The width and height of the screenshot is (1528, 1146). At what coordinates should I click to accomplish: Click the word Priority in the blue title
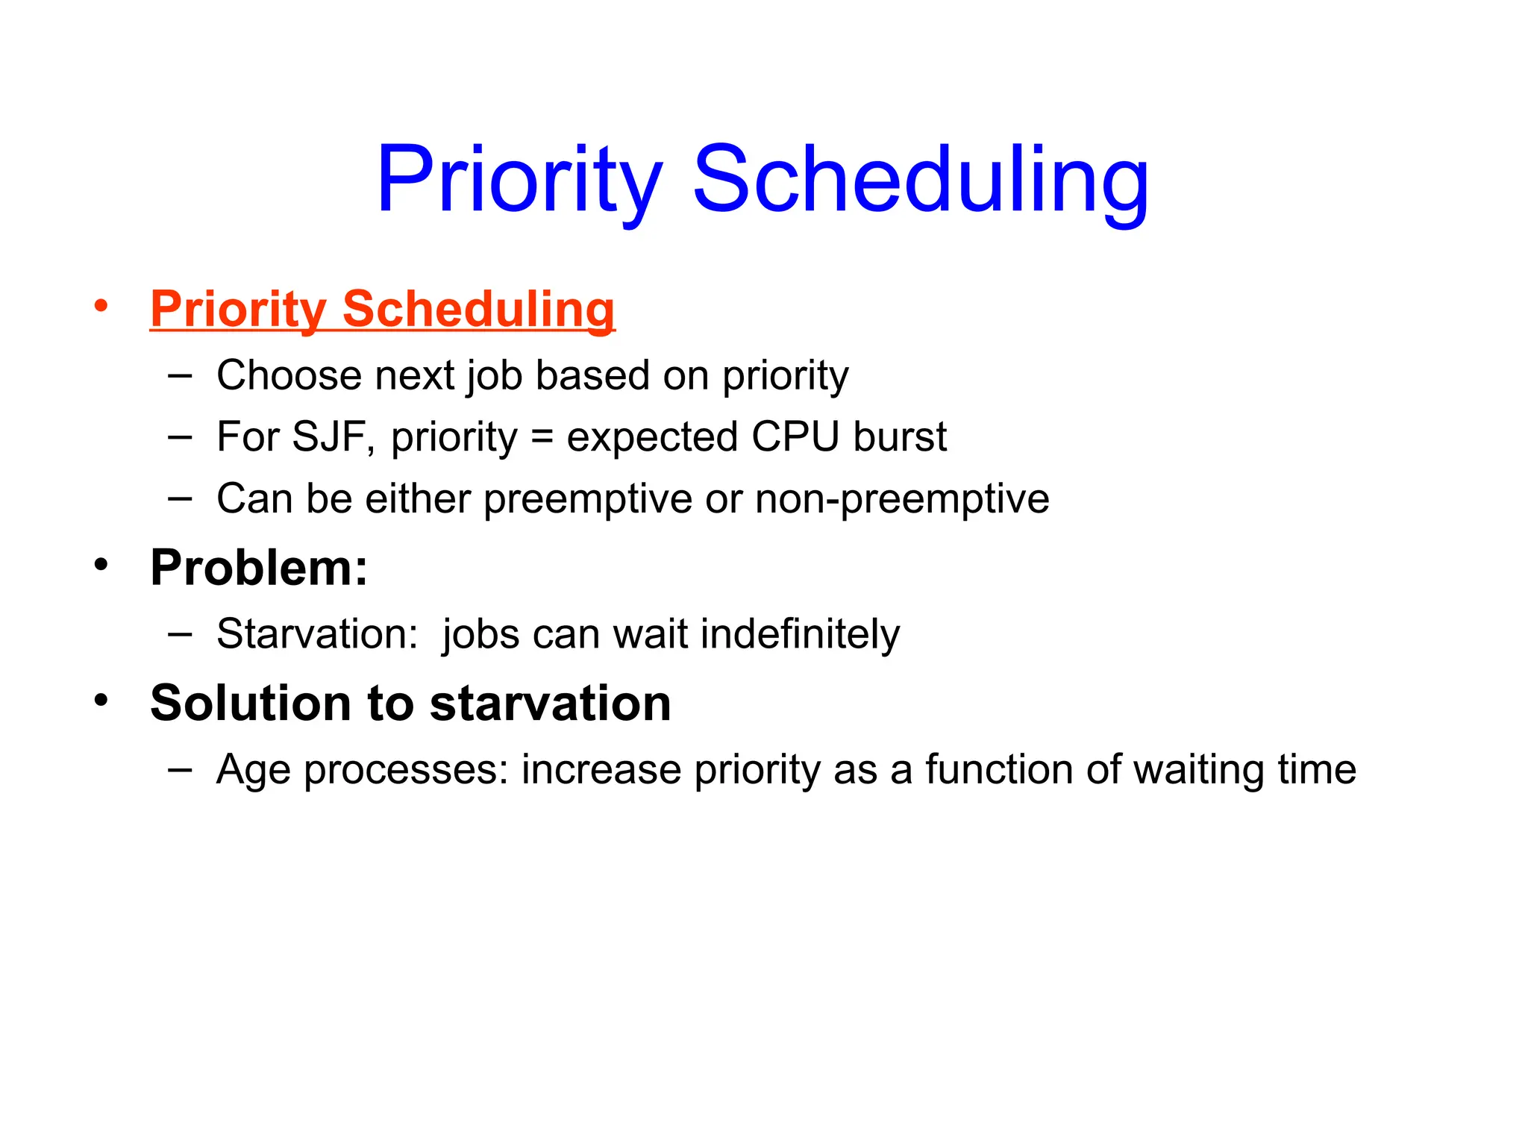(519, 181)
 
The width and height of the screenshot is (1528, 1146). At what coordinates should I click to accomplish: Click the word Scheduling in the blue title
(921, 181)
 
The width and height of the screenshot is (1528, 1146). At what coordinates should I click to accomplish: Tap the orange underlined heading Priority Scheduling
(382, 309)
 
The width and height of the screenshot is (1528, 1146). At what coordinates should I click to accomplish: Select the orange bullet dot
(101, 305)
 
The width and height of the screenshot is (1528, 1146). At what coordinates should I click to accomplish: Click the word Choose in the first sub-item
(288, 375)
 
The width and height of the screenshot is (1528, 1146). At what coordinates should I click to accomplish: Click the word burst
(900, 437)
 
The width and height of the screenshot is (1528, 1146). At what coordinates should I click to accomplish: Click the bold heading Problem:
(259, 569)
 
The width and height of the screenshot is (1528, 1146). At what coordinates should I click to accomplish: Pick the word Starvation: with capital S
(317, 635)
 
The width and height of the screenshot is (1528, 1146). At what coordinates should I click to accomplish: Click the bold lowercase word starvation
(550, 704)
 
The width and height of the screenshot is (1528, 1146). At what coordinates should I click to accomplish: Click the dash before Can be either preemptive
(180, 498)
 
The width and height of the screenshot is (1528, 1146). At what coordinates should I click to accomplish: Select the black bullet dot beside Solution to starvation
(101, 700)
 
